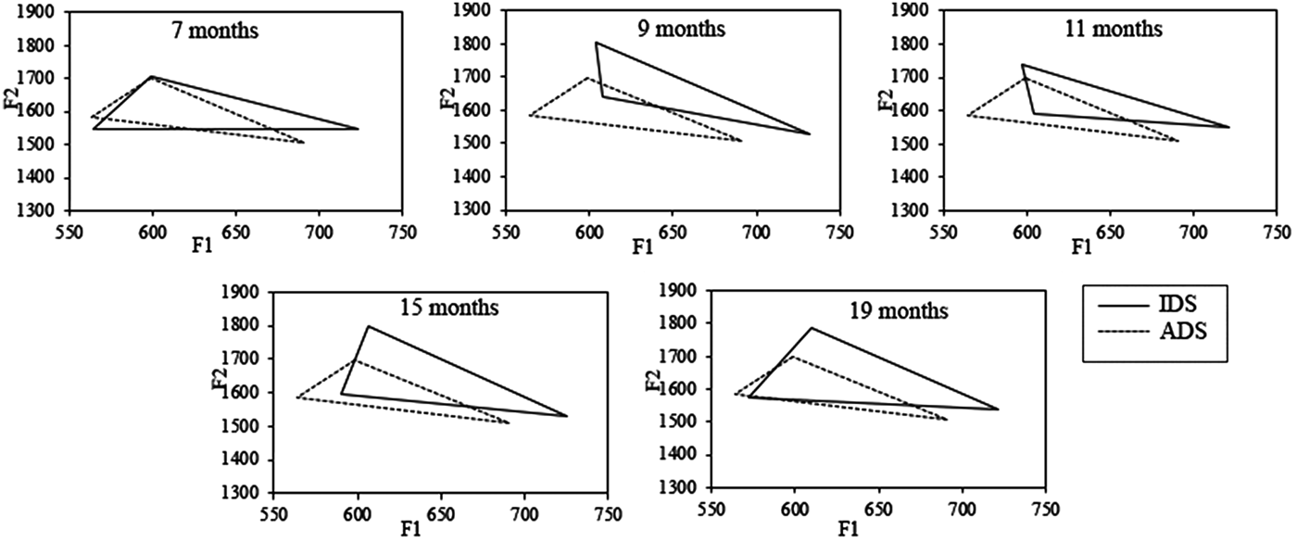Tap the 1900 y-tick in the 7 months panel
pyautogui.click(x=36, y=13)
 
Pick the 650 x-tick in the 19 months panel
pyautogui.click(x=877, y=510)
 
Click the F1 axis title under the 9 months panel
pyautogui.click(x=642, y=247)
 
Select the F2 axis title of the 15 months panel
pyautogui.click(x=219, y=379)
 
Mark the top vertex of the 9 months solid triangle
pyautogui.click(x=596, y=43)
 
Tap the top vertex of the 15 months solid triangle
pyautogui.click(x=369, y=326)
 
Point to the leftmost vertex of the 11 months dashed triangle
pyautogui.click(x=967, y=116)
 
